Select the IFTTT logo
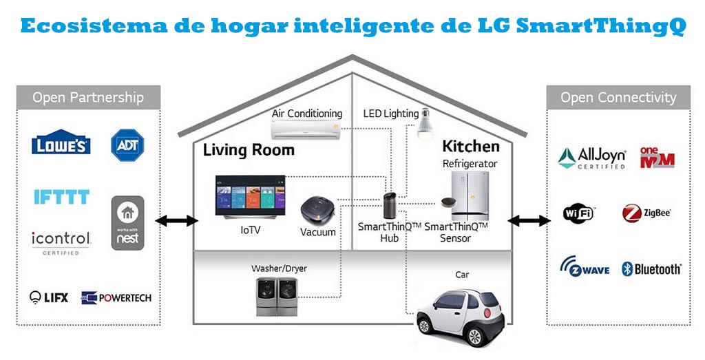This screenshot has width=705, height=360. point(61,197)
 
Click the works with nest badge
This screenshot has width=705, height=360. point(127,222)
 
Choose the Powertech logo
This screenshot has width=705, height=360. point(116,297)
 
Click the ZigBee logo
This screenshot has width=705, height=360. point(646,213)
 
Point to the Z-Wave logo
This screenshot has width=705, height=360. point(585,267)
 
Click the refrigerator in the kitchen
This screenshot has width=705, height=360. point(471,195)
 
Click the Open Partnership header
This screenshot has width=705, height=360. point(88,97)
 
